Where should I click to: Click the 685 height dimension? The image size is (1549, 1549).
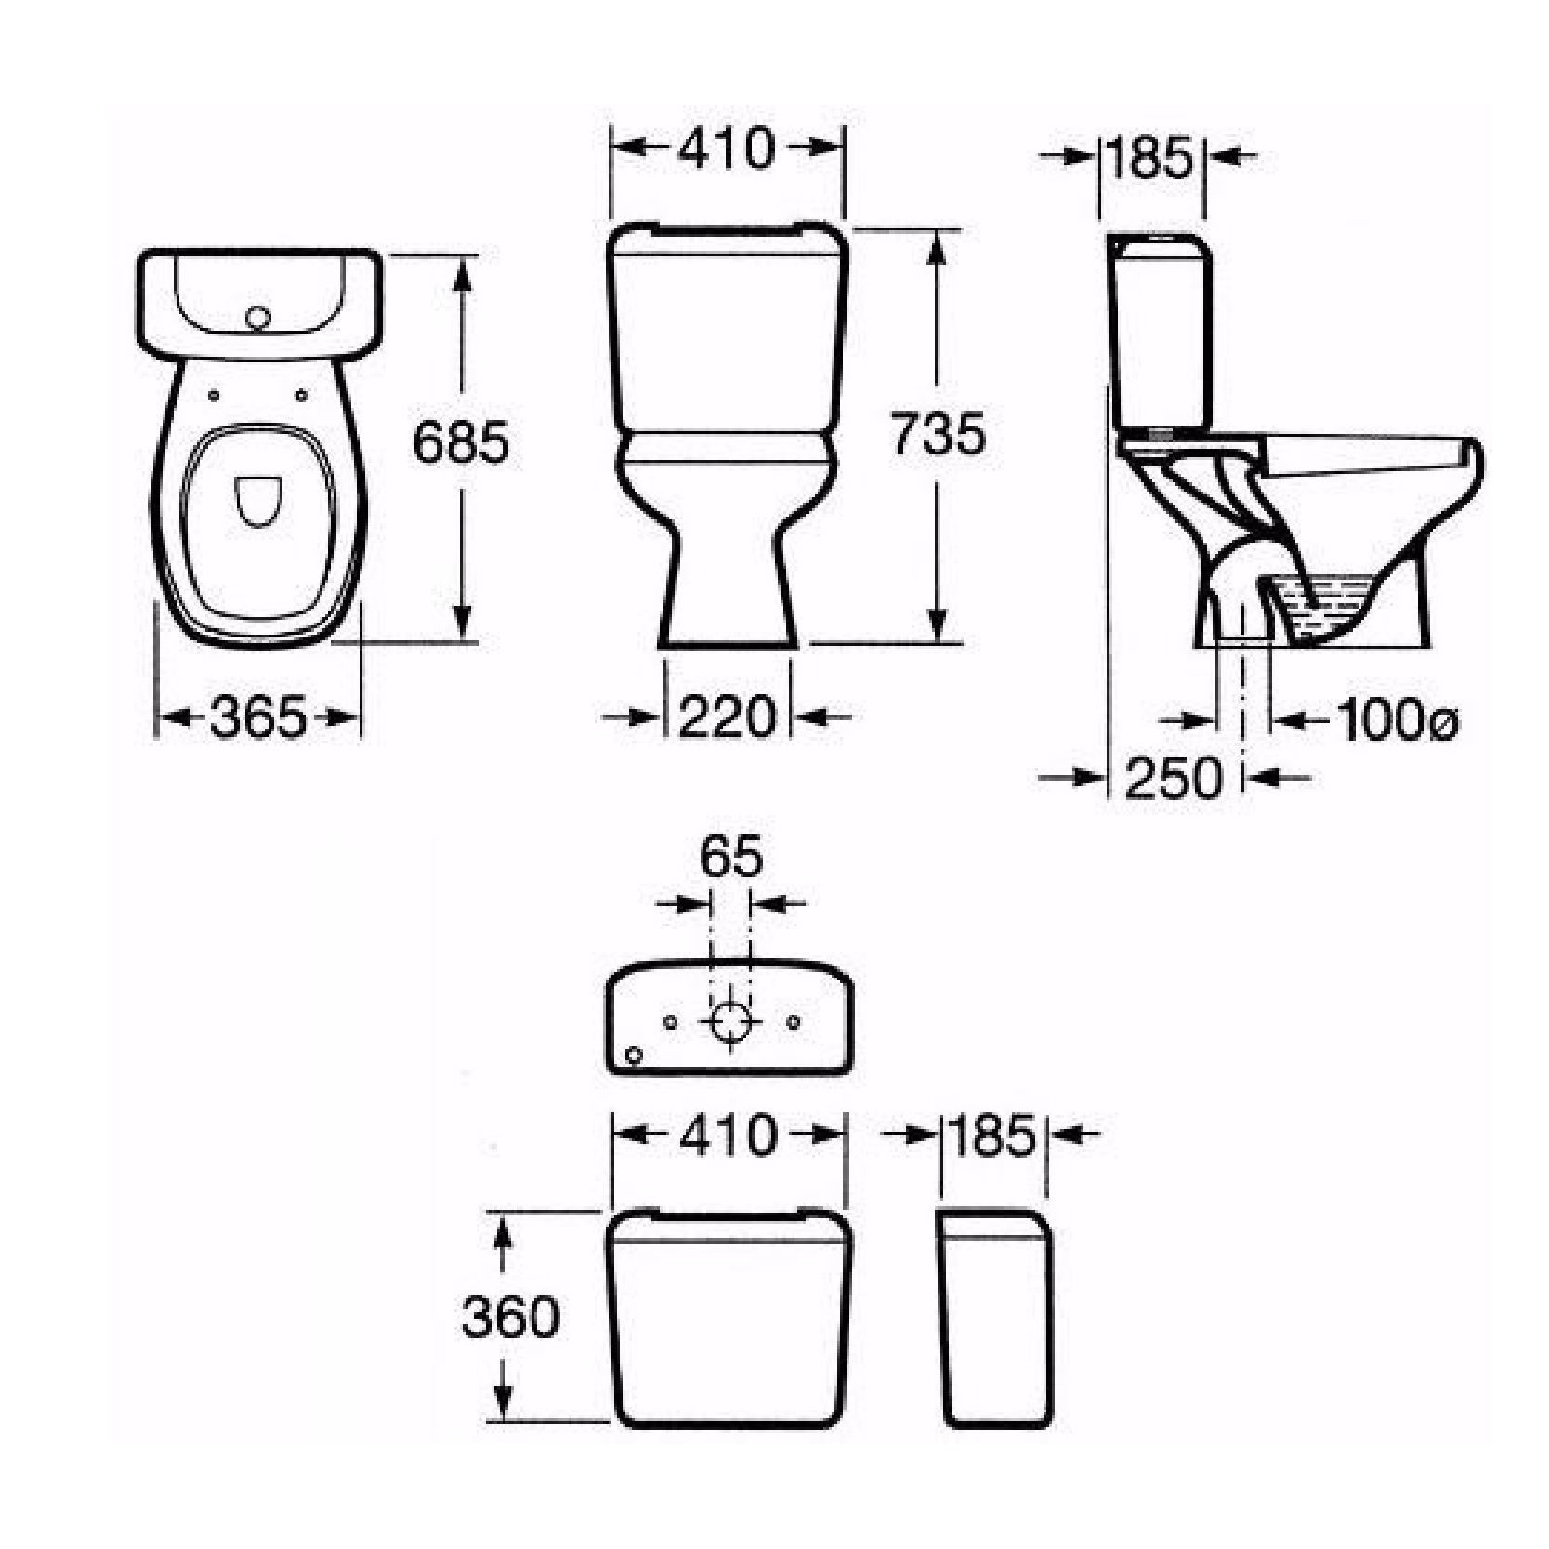[x=461, y=442]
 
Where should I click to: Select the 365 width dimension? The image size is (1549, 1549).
[x=257, y=717]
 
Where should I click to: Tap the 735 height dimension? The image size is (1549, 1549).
[x=937, y=434]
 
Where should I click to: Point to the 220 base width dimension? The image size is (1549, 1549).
[x=727, y=716]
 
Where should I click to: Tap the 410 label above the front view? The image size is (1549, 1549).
[x=726, y=149]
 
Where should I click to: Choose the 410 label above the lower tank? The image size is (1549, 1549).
[x=728, y=1135]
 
